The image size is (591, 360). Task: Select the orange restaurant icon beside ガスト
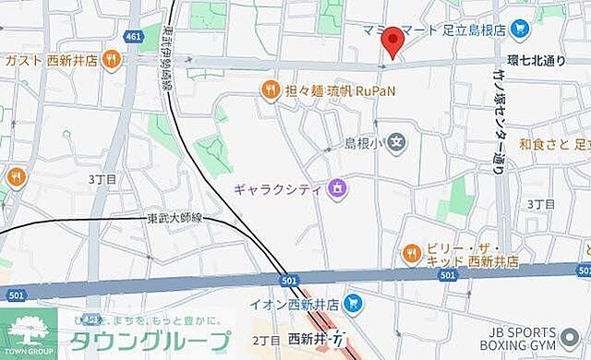click(111, 59)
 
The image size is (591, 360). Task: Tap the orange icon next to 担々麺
click(270, 90)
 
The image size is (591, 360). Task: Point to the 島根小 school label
click(364, 143)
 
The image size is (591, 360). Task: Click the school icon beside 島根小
click(396, 142)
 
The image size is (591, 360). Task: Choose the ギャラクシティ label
click(275, 189)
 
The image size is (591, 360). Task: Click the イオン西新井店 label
click(294, 303)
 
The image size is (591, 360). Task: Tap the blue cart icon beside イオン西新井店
click(351, 303)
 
